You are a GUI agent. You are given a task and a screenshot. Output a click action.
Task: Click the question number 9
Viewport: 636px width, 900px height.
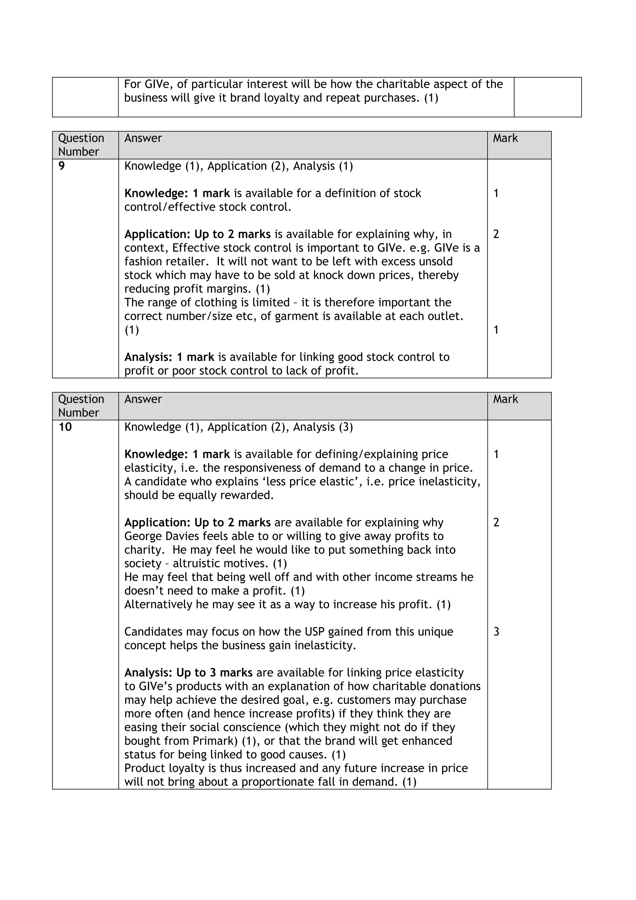[61, 166]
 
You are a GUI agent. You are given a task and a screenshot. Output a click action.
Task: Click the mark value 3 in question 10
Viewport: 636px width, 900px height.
[496, 632]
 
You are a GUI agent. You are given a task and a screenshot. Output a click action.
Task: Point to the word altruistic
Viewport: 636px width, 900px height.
[220, 564]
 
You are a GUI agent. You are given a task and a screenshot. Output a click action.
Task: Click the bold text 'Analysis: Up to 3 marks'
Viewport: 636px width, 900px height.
[189, 673]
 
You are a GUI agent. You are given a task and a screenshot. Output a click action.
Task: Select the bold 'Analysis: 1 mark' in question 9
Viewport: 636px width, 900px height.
[169, 357]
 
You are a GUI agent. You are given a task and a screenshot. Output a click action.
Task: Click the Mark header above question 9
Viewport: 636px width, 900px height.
[505, 139]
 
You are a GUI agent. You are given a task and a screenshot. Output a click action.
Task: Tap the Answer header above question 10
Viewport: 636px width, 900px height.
[143, 399]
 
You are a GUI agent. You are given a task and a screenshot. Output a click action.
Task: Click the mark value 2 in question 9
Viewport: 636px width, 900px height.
[496, 234]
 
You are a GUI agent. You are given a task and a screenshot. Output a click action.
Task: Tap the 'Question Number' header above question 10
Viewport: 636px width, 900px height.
[81, 406]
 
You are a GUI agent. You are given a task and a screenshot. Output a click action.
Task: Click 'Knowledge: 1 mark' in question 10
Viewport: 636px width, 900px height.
[177, 454]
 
